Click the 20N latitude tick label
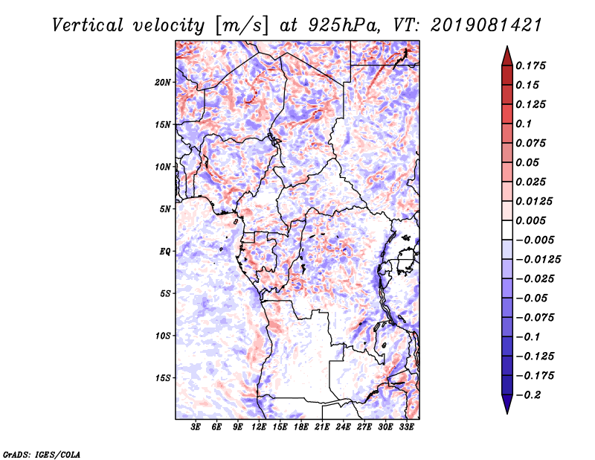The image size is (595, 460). point(163,82)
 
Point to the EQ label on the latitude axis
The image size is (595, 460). point(164,252)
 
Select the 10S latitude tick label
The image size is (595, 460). point(163,336)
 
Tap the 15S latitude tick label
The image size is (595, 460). point(163,378)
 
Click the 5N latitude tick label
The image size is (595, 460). point(165,209)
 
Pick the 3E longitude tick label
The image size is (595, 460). point(196,427)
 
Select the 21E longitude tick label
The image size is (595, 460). point(323,427)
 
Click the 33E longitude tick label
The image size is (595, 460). point(407,427)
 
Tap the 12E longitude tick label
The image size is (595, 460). point(260,427)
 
